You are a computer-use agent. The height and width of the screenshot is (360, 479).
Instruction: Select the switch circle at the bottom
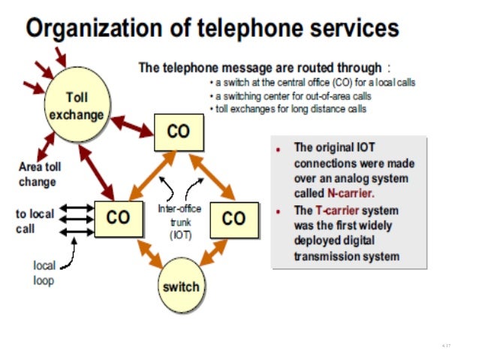pos(181,286)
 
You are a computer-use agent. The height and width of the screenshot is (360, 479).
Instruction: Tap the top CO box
pos(178,131)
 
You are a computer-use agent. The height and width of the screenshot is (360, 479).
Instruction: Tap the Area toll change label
pos(40,174)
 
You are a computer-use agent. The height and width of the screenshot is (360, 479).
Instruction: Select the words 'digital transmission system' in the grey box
pos(346,249)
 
